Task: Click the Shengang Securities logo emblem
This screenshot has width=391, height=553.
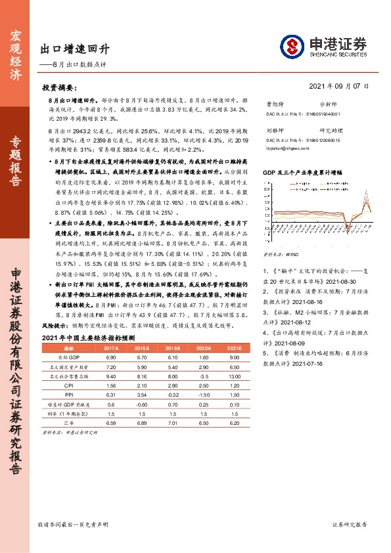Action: [x=293, y=46]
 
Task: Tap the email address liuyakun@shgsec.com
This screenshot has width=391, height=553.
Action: [x=283, y=150]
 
